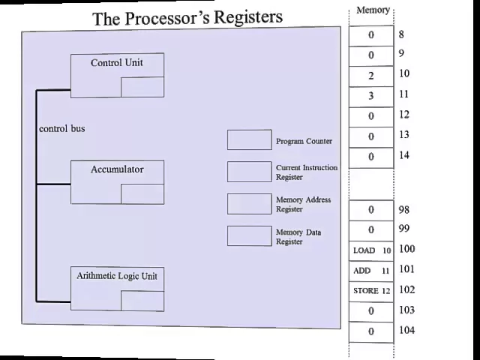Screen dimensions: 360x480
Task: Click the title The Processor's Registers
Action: point(187,17)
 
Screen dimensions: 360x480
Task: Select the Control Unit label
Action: point(116,63)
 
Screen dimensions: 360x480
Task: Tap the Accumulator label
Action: point(116,169)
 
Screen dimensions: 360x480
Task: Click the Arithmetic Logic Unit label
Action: point(116,277)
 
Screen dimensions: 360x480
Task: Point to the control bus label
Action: point(62,129)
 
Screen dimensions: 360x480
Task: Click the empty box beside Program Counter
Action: point(249,140)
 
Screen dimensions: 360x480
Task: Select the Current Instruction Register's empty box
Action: point(249,172)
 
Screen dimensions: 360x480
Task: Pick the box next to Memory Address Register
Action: point(249,204)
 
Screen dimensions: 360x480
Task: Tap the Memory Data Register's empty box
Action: point(249,236)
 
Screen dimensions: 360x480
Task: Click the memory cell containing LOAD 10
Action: point(371,250)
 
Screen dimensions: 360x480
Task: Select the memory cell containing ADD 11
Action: point(371,271)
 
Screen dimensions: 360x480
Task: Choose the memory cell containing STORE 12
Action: point(371,291)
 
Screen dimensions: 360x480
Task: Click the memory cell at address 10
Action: point(371,76)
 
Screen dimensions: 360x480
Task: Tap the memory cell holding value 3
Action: point(371,96)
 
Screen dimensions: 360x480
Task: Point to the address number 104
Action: point(406,331)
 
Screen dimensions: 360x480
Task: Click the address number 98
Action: point(404,210)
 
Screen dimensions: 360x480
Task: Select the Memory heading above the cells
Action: point(373,10)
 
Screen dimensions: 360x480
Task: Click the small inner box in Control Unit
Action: point(142,87)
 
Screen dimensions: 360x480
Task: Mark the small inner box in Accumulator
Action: point(142,193)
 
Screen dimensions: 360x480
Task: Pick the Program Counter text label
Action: point(304,141)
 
